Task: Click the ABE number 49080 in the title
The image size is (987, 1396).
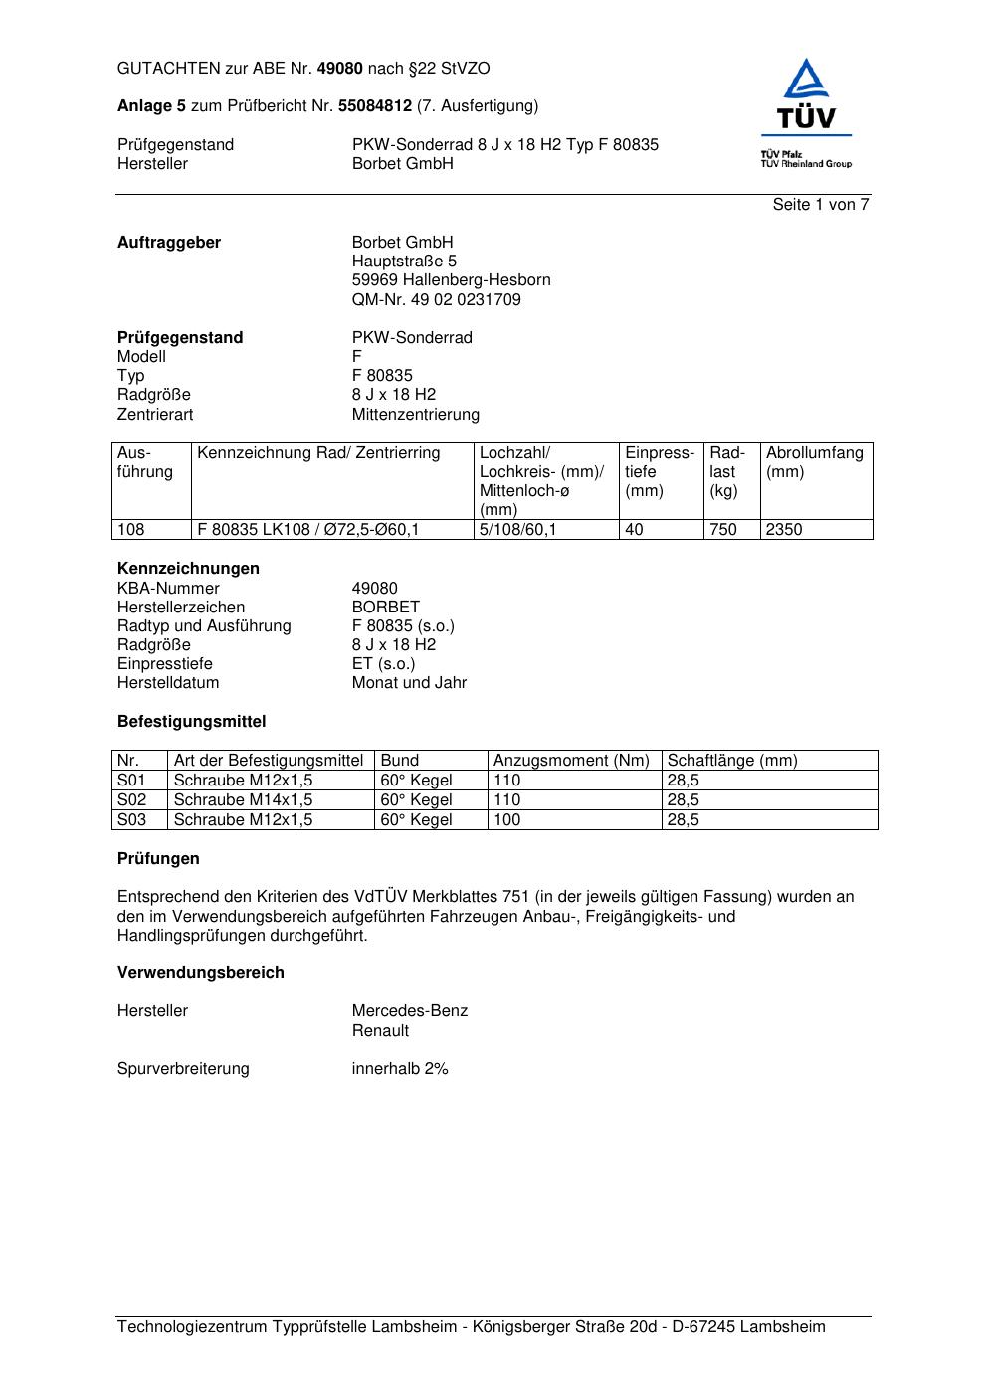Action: pos(340,69)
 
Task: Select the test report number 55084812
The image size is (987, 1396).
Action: pos(375,106)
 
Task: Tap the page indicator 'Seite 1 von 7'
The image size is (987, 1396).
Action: pos(821,205)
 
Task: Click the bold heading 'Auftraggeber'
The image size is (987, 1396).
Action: pos(169,243)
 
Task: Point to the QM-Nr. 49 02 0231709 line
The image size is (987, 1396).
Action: pos(436,299)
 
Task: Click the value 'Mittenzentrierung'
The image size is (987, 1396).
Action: pos(415,414)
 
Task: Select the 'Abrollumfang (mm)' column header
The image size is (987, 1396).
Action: pos(814,462)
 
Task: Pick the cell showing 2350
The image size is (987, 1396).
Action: pos(784,530)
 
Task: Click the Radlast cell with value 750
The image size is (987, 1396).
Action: pos(723,530)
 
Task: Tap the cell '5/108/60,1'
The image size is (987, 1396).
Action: pos(517,530)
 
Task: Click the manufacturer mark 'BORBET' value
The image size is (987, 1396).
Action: pos(386,607)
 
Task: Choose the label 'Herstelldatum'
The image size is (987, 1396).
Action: pos(168,683)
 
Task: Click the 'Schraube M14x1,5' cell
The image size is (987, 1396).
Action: pos(243,800)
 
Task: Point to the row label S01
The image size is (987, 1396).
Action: pos(131,781)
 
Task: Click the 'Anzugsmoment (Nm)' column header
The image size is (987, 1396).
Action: pos(571,761)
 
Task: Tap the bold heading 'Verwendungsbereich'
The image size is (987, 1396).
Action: pos(200,973)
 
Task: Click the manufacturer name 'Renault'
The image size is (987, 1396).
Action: pos(380,1031)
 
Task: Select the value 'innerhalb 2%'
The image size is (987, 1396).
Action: pos(400,1069)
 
